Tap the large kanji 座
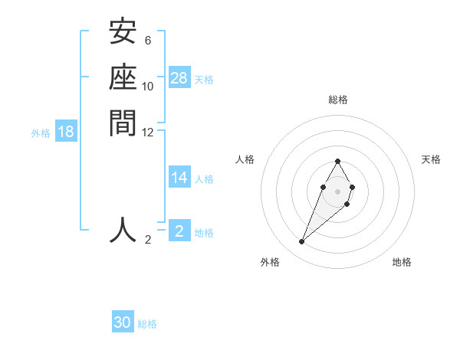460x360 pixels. pos(123,77)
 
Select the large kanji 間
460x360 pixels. pos(123,122)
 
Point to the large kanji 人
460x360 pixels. pos(123,230)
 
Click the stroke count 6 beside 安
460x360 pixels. pos(148,41)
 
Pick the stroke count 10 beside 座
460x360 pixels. pos(148,86)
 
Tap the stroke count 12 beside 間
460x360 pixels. pos(148,132)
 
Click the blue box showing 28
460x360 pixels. pos(179,77)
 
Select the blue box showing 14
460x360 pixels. pos(179,178)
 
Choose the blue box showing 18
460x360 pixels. pos(66,132)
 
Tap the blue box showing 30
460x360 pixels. pos(123,322)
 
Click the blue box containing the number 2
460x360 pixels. pos(179,231)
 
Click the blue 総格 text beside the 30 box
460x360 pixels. pos(148,324)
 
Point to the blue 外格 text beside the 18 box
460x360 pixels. pos(41,133)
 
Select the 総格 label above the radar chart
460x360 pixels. pos(338,100)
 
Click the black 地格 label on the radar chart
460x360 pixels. pos(402,262)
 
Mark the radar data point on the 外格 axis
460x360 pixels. pos(302,242)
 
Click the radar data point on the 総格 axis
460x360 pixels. pos(338,162)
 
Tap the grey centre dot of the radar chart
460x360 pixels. pos(338,191)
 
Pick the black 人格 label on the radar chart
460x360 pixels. pos(245,159)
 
